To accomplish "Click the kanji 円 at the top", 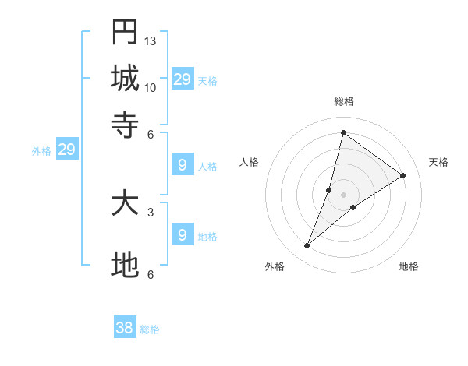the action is coord(125,33).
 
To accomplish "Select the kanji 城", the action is coord(125,79).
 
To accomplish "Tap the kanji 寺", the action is coord(125,125).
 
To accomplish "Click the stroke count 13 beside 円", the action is coord(151,40).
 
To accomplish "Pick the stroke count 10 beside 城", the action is coord(151,87).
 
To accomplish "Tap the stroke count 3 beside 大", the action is coord(150,212).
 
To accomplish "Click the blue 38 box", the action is coord(125,328).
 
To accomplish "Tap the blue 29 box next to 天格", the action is coord(182,79).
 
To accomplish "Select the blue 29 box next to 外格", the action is coord(66,150).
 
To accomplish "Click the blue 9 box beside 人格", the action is coord(182,165).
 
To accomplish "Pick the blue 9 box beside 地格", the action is coord(182,235).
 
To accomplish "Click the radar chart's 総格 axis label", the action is coord(343,102).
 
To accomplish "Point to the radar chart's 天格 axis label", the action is coord(438,162).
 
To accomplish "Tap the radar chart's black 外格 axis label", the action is coord(275,266).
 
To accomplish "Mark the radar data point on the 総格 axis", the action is coord(343,132).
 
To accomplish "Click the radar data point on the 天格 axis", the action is coord(403,175).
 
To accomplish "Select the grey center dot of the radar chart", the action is coord(343,194).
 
